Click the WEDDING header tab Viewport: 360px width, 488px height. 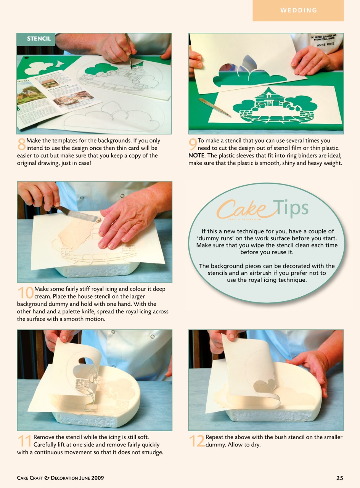pos(298,10)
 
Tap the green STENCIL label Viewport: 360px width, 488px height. pos(39,39)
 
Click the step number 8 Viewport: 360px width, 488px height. pos(21,144)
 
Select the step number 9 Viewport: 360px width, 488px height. pos(193,144)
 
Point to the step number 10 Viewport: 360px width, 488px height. pos(25,292)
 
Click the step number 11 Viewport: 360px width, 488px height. pos(25,441)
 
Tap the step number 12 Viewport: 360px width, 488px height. pos(196,441)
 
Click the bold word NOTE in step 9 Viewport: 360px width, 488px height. pos(196,156)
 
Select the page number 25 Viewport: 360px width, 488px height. pos(339,478)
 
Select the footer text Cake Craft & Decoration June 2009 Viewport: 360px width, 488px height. pos(60,478)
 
